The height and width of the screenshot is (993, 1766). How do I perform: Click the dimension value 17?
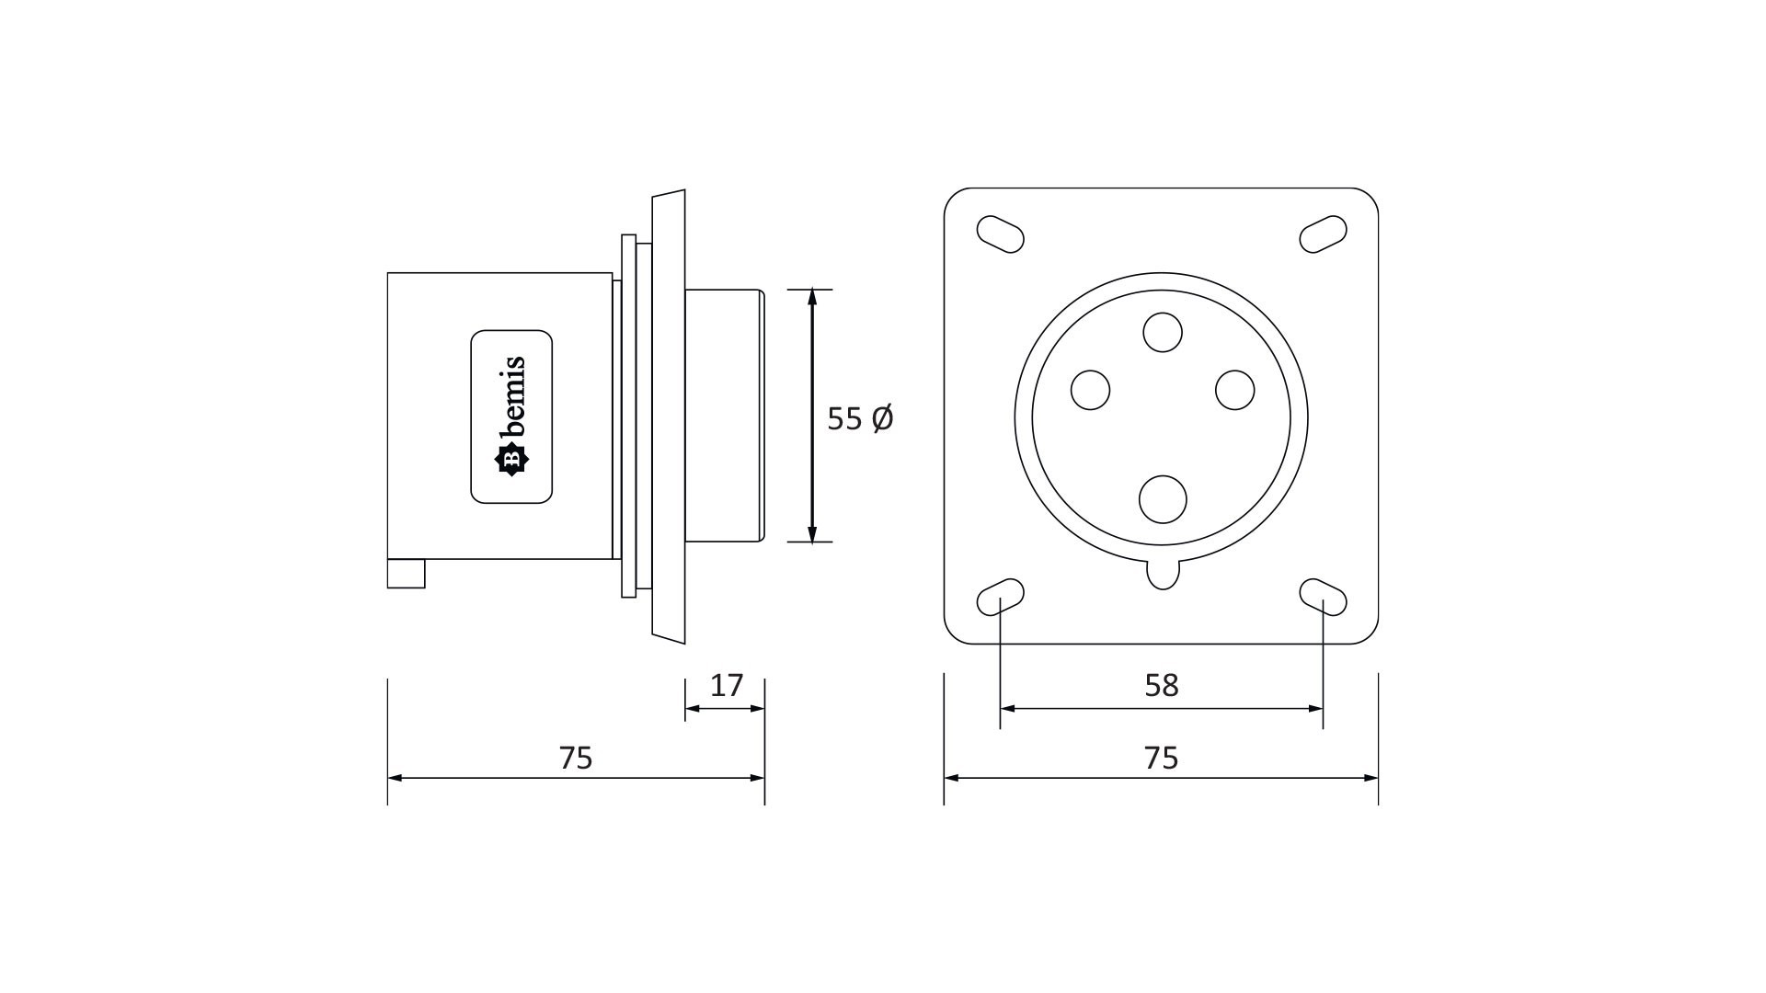727,685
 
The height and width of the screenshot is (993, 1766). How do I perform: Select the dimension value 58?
1162,685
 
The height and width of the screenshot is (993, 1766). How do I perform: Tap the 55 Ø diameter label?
860,418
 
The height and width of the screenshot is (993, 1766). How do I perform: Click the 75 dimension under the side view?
576,758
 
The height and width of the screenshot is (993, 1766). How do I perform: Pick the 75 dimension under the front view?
1162,758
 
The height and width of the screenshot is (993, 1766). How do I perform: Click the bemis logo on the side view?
511,417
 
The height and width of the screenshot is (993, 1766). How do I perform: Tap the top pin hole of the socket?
1163,332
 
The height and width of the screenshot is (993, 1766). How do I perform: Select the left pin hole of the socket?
1091,390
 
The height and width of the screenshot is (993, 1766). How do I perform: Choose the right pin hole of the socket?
1234,390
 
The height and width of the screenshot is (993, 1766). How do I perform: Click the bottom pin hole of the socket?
1163,499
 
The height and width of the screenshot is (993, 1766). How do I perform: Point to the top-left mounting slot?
1000,234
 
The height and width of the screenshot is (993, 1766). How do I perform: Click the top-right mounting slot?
1324,234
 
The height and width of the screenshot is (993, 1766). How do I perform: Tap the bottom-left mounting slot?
1000,597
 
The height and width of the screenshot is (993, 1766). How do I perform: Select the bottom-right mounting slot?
1324,597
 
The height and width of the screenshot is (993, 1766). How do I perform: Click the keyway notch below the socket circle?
1163,574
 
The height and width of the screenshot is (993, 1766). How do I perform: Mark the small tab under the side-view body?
406,574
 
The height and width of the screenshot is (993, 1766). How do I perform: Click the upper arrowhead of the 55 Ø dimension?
811,297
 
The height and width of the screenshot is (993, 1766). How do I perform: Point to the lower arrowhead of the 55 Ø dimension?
811,533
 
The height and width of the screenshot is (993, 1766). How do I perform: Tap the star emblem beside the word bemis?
511,460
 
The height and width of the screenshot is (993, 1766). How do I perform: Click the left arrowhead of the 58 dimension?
1008,709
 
